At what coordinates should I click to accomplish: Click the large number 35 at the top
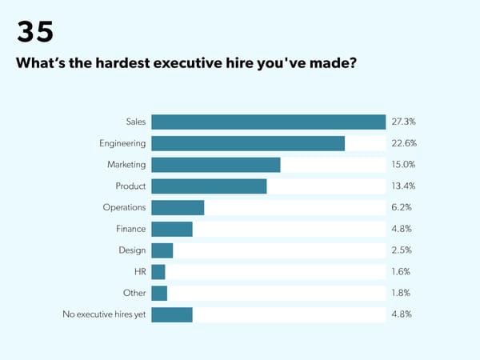pos(35,31)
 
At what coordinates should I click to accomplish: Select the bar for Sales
pos(268,122)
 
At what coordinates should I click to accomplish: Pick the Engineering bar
pos(248,143)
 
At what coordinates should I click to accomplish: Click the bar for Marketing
pos(216,165)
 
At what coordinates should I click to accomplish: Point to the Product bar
pos(209,186)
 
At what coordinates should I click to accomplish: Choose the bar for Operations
pos(178,207)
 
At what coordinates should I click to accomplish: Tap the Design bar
pos(162,250)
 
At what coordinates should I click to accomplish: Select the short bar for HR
pos(158,272)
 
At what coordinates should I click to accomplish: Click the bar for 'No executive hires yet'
pos(172,314)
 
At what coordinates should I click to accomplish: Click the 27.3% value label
pos(403,122)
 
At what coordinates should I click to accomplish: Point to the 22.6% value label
pos(403,143)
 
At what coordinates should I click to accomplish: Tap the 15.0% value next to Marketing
pos(403,165)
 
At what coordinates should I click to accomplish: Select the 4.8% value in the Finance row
pos(402,229)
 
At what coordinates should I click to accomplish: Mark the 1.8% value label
pos(402,293)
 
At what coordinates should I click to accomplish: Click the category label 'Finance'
pos(130,229)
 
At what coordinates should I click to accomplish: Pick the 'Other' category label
pos(134,293)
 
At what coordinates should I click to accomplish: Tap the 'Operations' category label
pos(124,207)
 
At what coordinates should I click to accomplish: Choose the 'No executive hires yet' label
pos(104,314)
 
